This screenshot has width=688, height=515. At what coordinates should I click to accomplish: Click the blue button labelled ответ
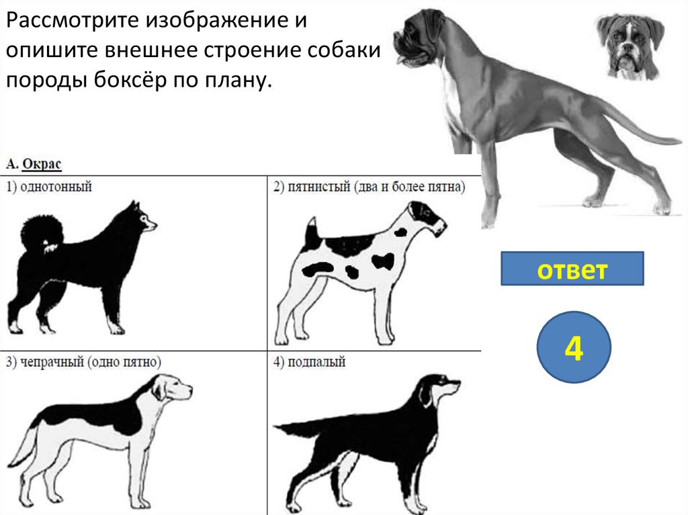coord(572,269)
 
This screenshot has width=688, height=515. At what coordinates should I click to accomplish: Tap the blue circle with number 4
coord(574,347)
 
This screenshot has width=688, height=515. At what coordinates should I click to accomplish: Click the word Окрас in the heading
coord(42,164)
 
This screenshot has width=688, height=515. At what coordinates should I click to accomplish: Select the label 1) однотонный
coord(48,187)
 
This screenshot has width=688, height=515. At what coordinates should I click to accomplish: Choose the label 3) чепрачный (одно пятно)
coord(83,362)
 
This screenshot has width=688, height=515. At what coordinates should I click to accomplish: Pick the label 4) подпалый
coord(309,362)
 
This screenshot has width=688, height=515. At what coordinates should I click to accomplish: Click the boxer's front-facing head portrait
coord(630,46)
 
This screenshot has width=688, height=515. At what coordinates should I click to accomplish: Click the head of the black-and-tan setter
coord(439,387)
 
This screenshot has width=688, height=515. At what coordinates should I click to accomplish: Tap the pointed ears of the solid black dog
coord(134,206)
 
